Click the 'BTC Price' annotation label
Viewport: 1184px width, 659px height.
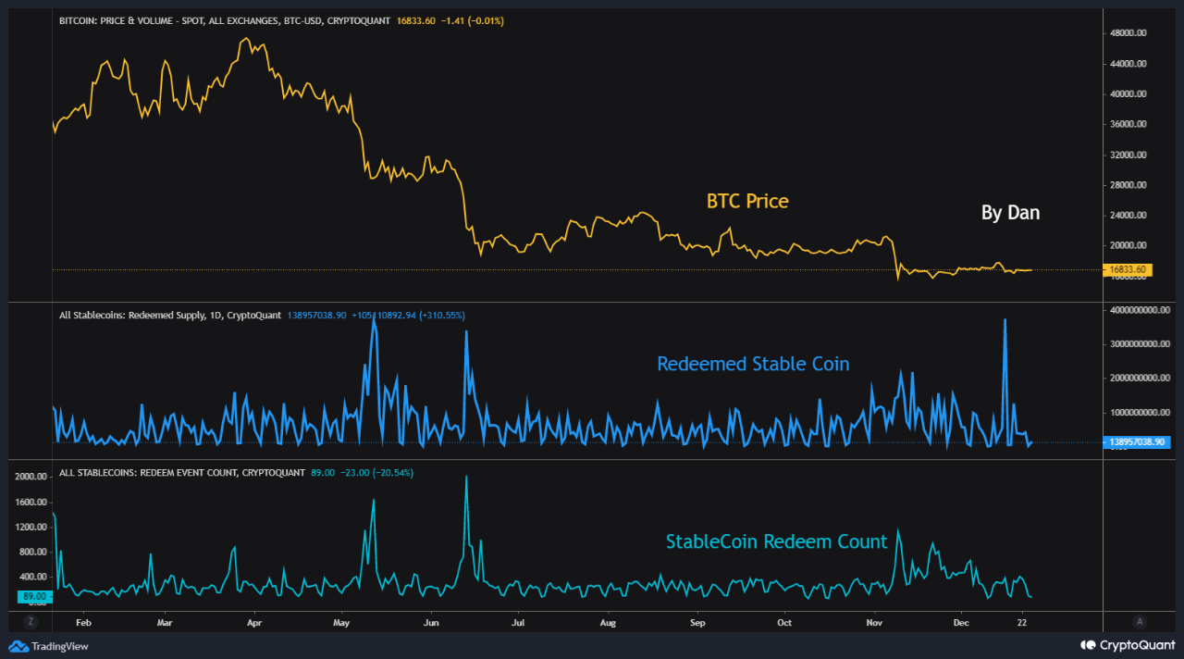(747, 201)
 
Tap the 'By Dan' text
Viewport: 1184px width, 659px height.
(1010, 213)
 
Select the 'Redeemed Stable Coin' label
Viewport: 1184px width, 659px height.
(753, 364)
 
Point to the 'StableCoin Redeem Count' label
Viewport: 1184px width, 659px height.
(776, 541)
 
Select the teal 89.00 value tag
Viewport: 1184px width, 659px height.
(35, 597)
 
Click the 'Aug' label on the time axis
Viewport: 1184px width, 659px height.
(607, 622)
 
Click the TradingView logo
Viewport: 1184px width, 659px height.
(49, 646)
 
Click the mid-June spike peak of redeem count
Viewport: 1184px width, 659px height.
(466, 477)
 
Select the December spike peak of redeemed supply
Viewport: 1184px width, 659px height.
(1005, 319)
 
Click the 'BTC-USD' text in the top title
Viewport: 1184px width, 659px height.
(302, 20)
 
